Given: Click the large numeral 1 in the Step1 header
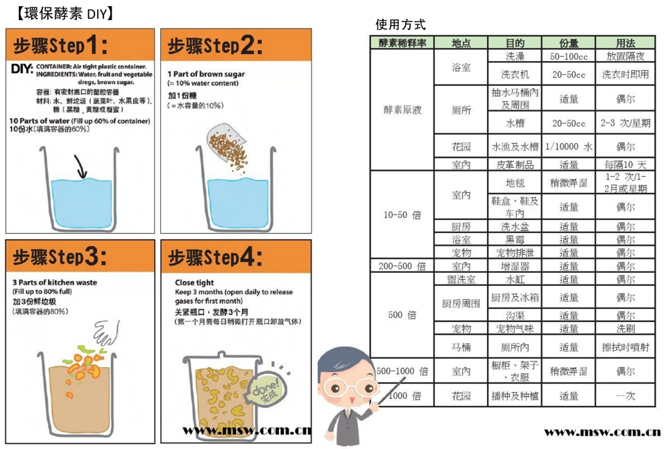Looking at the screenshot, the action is [x=91, y=44].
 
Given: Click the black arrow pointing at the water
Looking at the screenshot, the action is [x=80, y=167].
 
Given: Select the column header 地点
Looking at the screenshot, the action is [x=461, y=43].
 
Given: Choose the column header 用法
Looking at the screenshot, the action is [x=625, y=43].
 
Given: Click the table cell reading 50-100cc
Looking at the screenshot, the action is [x=568, y=56].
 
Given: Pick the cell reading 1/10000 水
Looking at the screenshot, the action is [x=569, y=147].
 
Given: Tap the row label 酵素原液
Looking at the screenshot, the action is [x=402, y=110].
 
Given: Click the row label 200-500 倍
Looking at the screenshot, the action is [x=402, y=266].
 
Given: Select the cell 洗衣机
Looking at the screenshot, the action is [x=515, y=74].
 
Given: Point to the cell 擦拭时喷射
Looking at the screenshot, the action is [x=625, y=348].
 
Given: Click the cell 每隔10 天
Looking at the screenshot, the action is [x=625, y=164].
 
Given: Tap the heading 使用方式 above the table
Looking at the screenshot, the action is [x=400, y=25].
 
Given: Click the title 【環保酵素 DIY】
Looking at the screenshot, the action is [x=65, y=13].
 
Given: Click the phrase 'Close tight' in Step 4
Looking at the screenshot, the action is [x=194, y=282].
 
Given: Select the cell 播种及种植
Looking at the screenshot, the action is [x=515, y=396].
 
